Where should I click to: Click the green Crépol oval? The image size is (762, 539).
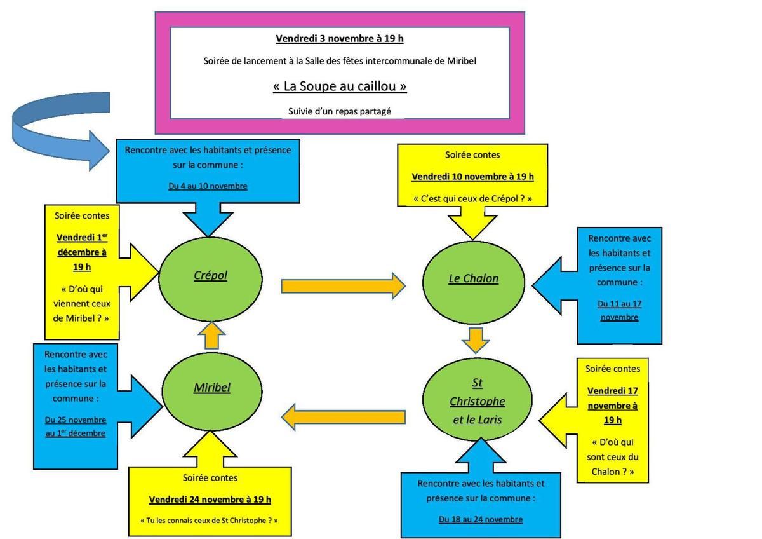[x=210, y=276]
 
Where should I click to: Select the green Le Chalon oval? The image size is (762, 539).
[x=474, y=278]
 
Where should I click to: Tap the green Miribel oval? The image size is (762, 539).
[x=212, y=387]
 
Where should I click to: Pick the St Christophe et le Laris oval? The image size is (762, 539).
[x=477, y=401]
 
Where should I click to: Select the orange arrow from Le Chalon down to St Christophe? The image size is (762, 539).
[x=476, y=340]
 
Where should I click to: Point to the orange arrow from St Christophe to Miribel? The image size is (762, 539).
[x=343, y=417]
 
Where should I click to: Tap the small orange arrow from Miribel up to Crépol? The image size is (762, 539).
[x=213, y=336]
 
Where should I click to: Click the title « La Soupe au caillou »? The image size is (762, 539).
[x=340, y=85]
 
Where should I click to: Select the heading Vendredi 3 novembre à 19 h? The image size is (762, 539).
[x=340, y=39]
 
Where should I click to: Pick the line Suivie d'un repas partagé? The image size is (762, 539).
[x=340, y=111]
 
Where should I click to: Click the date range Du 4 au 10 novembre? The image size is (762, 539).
[x=208, y=186]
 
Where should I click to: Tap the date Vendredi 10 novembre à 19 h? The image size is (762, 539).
[x=472, y=177]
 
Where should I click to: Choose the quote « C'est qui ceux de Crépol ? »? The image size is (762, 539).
[x=472, y=199]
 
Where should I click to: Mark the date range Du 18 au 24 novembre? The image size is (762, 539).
[x=481, y=519]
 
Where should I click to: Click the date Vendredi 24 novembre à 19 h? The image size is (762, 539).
[x=210, y=499]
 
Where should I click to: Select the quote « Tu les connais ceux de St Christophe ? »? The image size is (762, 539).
[x=210, y=521]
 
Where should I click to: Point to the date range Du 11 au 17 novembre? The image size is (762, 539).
[x=619, y=310]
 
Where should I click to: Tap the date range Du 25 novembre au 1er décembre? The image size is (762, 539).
[x=76, y=426]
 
